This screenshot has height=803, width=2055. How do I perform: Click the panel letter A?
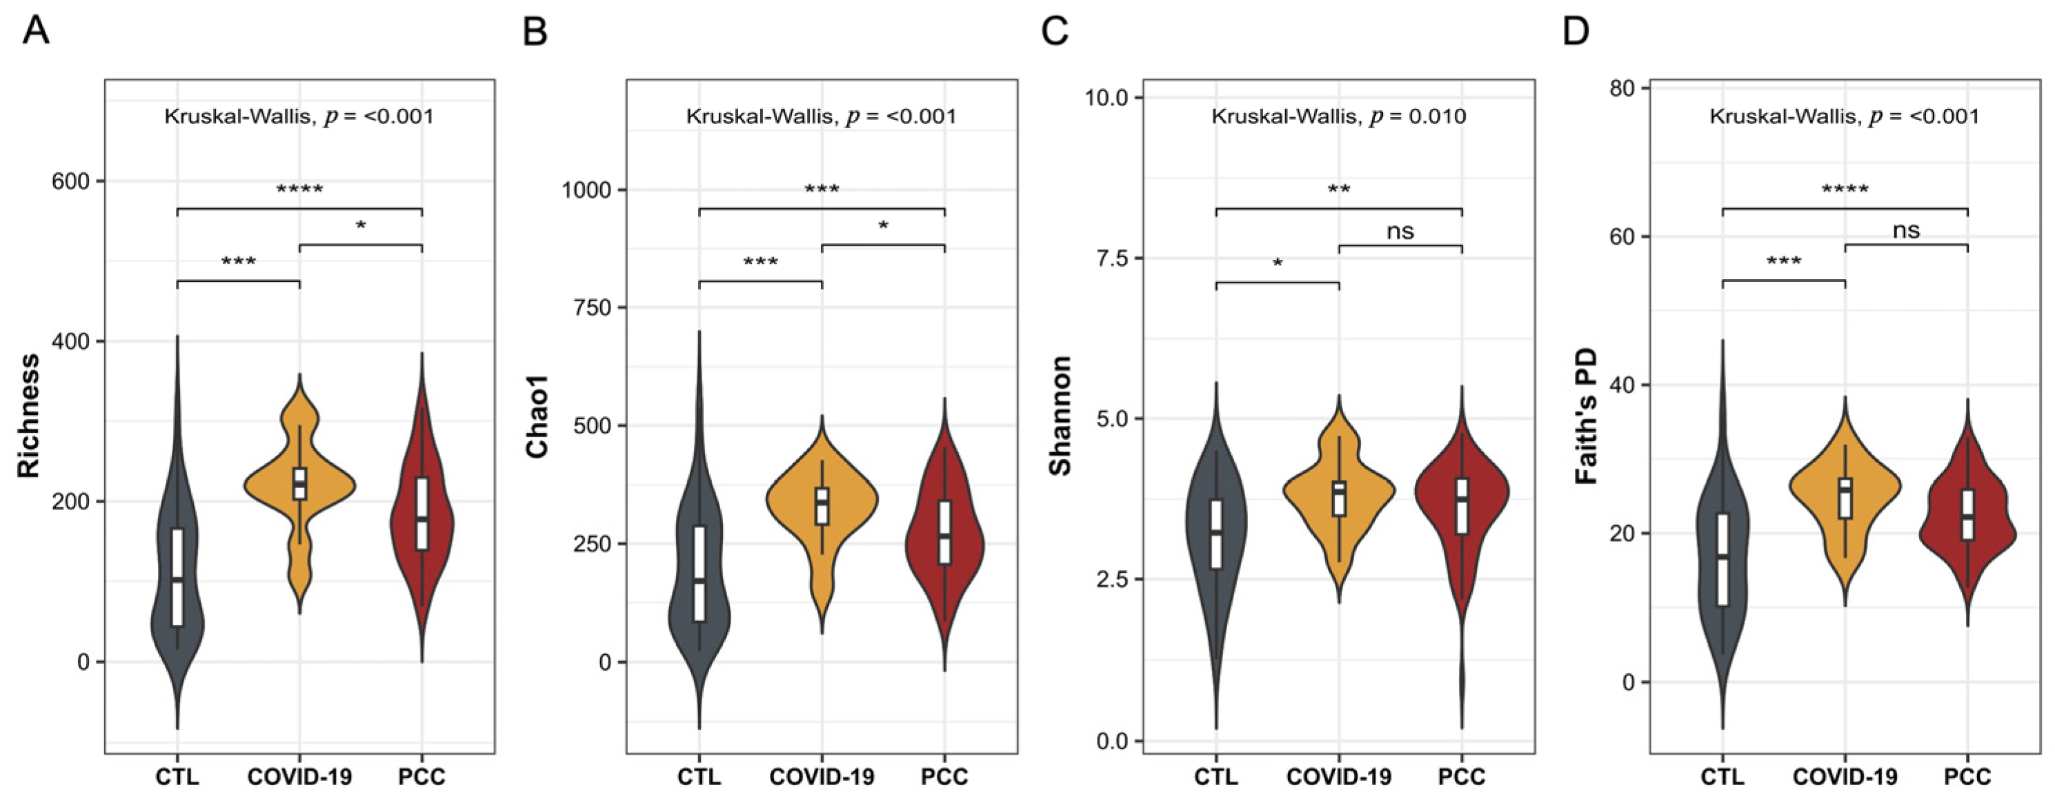37,32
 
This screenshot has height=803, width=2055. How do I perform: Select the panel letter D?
1576,32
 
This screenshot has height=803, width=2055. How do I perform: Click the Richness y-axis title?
30,416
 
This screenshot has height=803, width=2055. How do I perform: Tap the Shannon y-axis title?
1060,416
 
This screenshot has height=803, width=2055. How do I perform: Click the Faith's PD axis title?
1587,416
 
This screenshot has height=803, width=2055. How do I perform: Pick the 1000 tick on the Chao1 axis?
586,190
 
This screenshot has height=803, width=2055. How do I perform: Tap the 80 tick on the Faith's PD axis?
1625,88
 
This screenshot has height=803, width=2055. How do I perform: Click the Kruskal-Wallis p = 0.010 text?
1339,116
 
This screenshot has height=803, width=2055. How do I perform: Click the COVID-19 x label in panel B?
822,777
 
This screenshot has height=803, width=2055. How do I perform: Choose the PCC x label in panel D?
1967,777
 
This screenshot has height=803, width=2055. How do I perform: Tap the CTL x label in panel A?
177,777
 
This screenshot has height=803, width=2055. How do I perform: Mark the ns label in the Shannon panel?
1400,232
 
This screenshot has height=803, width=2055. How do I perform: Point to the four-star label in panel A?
299,190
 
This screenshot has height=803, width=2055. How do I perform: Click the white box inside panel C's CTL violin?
1215,534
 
